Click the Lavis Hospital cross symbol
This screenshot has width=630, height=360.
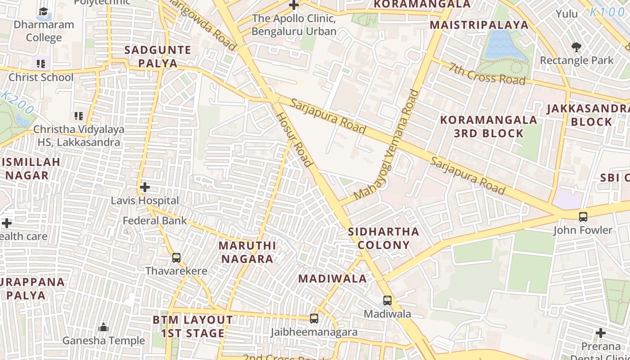click(145, 187)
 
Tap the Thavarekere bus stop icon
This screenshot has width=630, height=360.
click(176, 258)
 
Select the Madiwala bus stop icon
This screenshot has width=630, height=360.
click(387, 300)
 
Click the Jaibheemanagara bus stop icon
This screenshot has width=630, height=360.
click(314, 319)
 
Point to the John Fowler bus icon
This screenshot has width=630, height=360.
click(583, 216)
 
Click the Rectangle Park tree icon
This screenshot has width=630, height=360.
click(576, 47)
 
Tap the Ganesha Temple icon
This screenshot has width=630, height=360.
click(103, 327)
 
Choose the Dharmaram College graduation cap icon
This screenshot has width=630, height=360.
click(43, 11)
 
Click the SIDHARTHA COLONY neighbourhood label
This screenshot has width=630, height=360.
click(383, 238)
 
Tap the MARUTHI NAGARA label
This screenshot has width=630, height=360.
click(247, 252)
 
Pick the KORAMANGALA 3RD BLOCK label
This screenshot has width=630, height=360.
click(489, 126)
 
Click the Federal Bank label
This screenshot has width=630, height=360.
click(155, 220)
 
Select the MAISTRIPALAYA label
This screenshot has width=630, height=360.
click(479, 25)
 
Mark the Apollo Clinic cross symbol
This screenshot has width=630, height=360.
click(294, 5)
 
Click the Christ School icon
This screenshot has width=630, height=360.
click(41, 64)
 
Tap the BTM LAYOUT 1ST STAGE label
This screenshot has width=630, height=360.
click(193, 327)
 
